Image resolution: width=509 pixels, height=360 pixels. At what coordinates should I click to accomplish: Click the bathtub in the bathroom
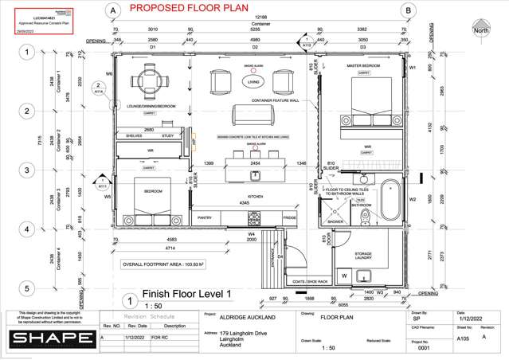click(x=391, y=200)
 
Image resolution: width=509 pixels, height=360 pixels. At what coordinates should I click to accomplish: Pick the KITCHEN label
click(x=256, y=195)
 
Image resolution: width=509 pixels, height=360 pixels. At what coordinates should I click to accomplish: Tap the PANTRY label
click(x=205, y=216)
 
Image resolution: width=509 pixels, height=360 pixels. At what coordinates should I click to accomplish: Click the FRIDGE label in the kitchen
click(x=289, y=216)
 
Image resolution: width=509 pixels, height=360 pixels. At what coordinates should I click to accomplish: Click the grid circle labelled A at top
click(x=113, y=10)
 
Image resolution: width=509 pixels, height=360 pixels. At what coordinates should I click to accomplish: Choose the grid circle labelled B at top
click(x=407, y=10)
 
